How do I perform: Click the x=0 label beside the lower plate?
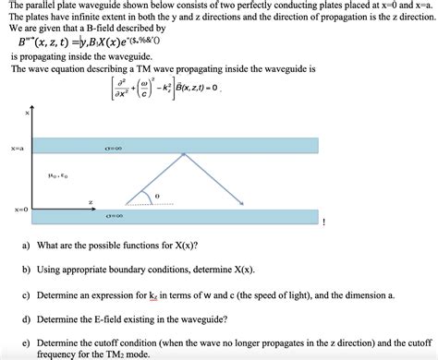tap(18, 210)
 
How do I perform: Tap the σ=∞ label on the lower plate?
tap(116, 216)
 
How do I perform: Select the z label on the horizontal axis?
tap(90, 200)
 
